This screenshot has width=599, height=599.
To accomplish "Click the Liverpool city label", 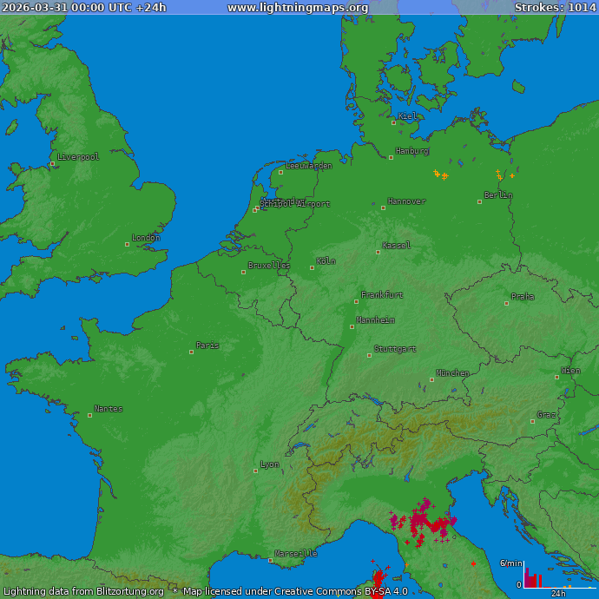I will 78,157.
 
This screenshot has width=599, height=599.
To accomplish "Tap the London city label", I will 146,238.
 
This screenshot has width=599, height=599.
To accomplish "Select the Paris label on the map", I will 207,346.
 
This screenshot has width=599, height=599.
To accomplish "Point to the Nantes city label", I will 109,409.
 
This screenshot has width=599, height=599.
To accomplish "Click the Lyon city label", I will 270,464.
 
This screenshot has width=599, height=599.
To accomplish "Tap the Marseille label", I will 295,554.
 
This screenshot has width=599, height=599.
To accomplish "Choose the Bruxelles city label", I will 269,266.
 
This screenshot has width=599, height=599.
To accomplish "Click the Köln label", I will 326,261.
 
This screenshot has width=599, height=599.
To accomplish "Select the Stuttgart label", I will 395,349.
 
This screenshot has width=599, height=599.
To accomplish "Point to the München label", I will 452,373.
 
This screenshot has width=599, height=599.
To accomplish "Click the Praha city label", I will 523,297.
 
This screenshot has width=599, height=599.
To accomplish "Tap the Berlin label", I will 498,195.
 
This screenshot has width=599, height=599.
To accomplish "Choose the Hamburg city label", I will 412,151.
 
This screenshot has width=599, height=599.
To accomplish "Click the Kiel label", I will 407,116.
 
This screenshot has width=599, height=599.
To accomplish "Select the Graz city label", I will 547,415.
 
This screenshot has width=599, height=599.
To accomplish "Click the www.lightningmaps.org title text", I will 298,8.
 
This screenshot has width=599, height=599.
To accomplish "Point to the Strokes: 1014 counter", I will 556,8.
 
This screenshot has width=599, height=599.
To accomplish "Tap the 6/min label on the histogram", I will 510,563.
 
